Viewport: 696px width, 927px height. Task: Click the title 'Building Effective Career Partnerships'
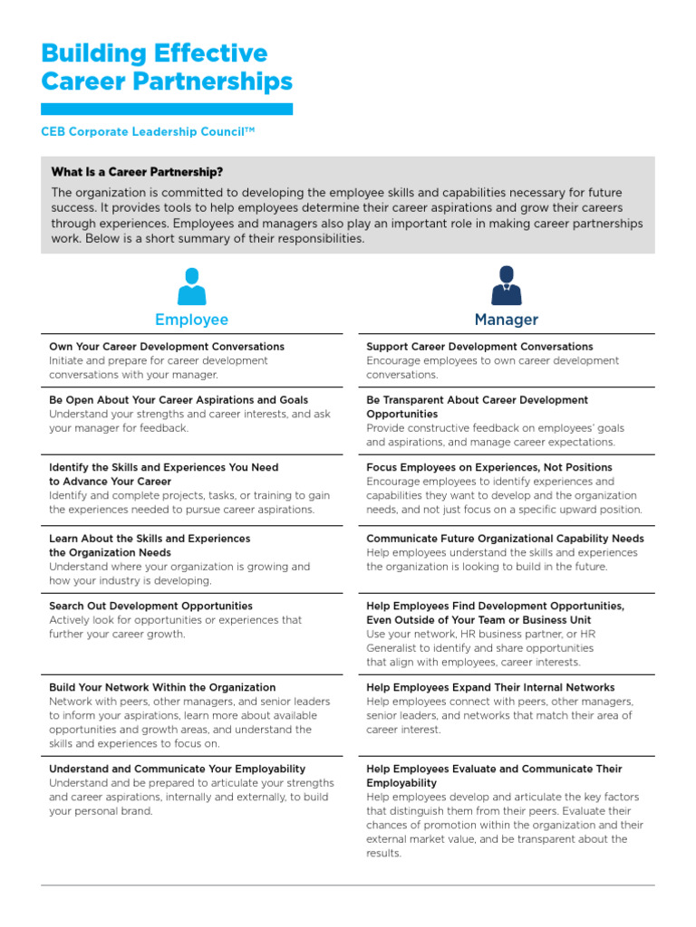coord(167,67)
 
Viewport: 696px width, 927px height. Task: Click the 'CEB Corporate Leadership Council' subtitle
coord(148,131)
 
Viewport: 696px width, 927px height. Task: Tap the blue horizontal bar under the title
coord(167,109)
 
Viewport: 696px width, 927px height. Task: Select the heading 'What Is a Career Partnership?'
coord(137,172)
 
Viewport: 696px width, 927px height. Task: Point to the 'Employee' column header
coord(191,320)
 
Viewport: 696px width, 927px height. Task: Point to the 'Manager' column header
coord(506,320)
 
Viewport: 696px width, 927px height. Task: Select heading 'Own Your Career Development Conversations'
coord(167,347)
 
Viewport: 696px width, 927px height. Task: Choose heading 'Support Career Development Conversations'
coord(479,347)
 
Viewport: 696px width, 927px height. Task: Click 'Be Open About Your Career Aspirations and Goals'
coord(179,400)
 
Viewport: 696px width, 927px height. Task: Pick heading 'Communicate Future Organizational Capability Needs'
coord(505,539)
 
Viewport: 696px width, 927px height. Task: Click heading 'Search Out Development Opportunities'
coord(150,607)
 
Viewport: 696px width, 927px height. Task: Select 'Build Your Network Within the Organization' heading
coord(162,688)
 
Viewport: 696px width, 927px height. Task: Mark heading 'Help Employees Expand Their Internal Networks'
coord(490,688)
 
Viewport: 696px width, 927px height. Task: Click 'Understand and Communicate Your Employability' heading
coord(177,769)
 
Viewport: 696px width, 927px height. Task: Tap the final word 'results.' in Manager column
coord(383,854)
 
